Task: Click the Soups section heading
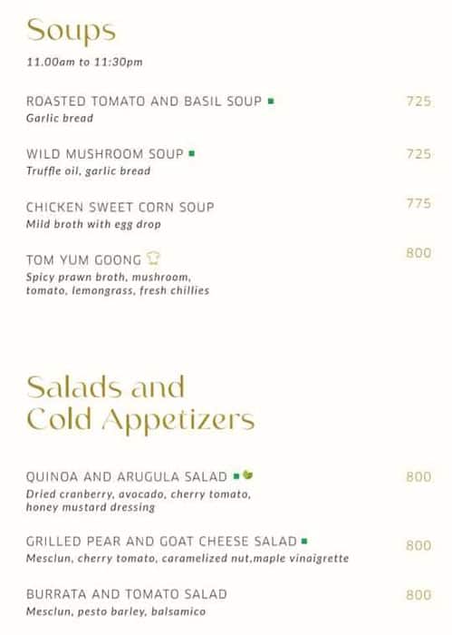(x=71, y=32)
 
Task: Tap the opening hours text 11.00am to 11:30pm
(x=84, y=63)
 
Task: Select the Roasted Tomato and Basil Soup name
(x=144, y=102)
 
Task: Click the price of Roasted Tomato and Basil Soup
(x=418, y=102)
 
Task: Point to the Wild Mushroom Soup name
(x=105, y=154)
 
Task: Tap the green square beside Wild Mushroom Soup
(x=192, y=153)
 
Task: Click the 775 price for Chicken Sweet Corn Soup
(x=418, y=204)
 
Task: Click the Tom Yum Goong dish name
(x=83, y=259)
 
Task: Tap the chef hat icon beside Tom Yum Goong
(x=154, y=259)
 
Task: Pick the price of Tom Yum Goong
(x=418, y=253)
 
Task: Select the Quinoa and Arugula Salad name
(x=127, y=476)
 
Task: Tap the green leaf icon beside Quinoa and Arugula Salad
(x=248, y=475)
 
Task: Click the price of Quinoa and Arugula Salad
(x=418, y=476)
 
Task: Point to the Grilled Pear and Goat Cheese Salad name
(x=161, y=542)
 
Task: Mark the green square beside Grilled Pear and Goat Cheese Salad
(x=304, y=541)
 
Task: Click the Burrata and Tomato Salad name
(x=126, y=594)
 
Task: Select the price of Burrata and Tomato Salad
(x=418, y=595)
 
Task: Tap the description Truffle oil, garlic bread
(x=88, y=171)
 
